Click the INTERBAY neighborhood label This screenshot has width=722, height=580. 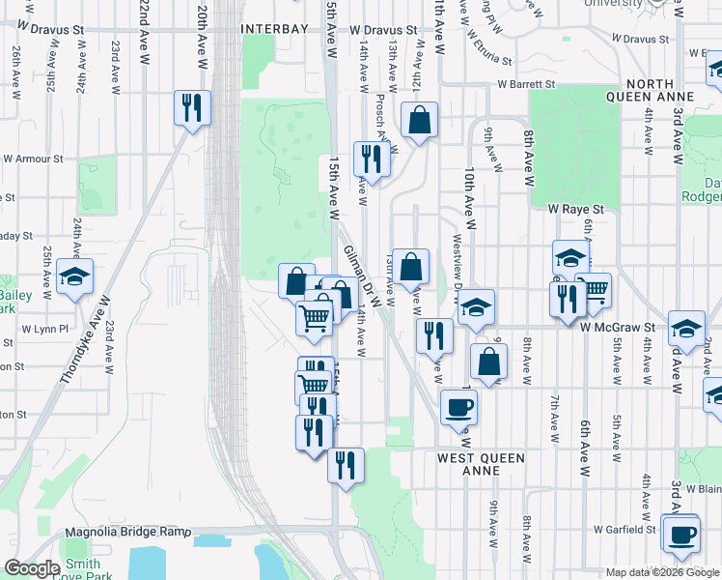[x=274, y=30]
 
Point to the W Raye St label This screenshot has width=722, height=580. [x=575, y=208]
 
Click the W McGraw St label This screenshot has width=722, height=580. [x=618, y=328]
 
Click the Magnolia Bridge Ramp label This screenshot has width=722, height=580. [x=126, y=532]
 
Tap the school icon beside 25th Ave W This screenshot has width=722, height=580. [x=74, y=277]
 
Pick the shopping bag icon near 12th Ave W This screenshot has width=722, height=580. [x=420, y=121]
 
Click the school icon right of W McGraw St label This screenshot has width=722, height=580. [x=686, y=330]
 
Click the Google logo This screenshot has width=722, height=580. [x=32, y=568]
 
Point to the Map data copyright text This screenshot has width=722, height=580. [x=662, y=572]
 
